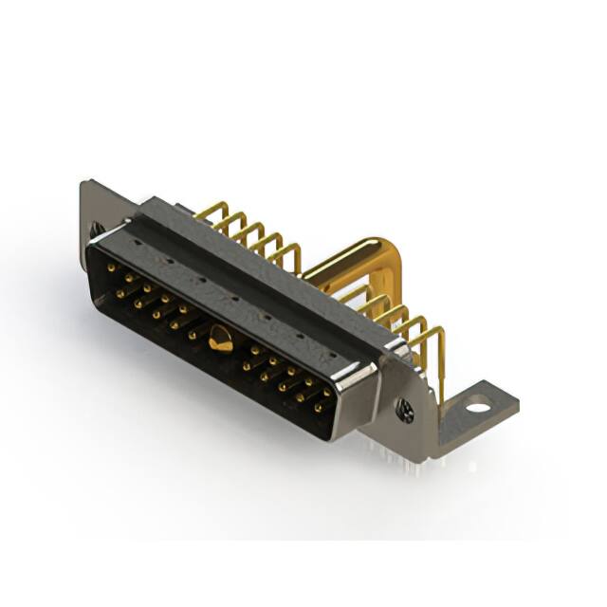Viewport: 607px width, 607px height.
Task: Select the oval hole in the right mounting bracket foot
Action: point(479,408)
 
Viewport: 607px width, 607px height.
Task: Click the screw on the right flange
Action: point(406,411)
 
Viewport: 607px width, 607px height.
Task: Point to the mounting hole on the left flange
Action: point(96,229)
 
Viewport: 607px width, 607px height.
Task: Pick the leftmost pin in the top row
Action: point(112,268)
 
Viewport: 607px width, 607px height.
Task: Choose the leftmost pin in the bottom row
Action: point(120,293)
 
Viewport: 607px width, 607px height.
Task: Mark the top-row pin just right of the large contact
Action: point(255,351)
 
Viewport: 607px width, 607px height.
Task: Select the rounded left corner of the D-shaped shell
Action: point(95,256)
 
